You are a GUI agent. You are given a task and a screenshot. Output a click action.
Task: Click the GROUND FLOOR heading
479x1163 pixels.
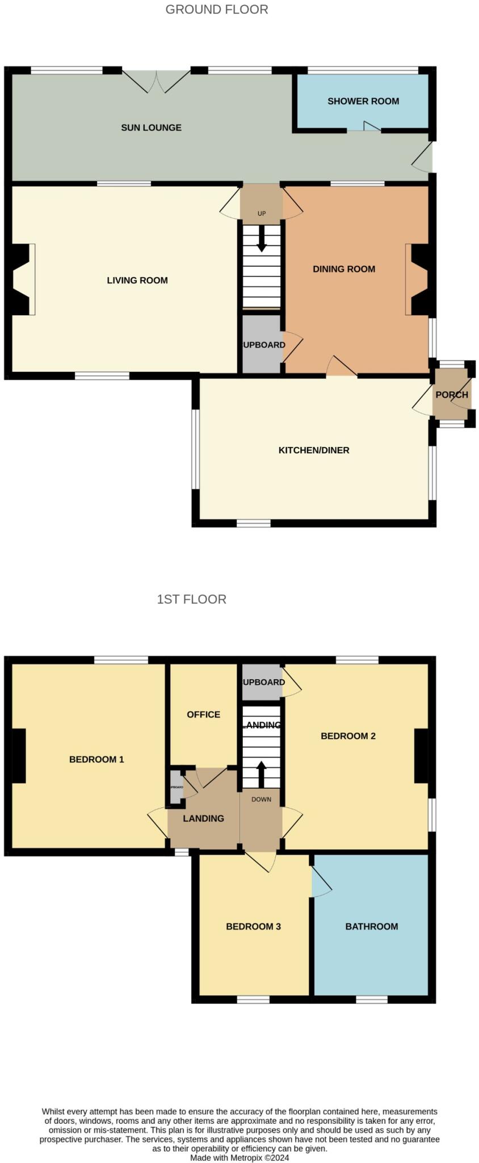(x=217, y=10)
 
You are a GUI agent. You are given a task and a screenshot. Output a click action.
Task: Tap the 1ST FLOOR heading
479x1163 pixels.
(x=191, y=599)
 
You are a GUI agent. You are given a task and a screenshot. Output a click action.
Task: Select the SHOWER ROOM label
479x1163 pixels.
(x=363, y=101)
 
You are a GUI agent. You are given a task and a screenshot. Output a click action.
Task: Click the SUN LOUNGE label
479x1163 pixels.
(x=151, y=128)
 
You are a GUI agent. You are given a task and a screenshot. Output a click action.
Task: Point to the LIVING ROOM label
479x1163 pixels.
(x=137, y=280)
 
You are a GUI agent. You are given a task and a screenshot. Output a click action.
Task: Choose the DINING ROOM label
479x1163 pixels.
(x=344, y=269)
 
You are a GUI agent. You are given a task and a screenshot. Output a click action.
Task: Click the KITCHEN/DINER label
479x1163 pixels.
(x=314, y=450)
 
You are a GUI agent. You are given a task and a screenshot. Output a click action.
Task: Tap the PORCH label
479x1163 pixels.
(x=452, y=395)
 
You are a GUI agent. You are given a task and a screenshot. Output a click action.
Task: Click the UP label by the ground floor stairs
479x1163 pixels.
(x=262, y=214)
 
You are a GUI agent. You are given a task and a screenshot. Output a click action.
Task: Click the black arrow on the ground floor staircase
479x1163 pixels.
(x=262, y=239)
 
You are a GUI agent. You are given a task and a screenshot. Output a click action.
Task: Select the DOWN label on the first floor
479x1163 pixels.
(x=261, y=799)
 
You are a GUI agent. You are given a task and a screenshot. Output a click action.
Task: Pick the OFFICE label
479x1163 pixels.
(x=204, y=714)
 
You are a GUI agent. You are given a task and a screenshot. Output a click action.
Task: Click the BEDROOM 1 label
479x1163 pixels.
(x=96, y=759)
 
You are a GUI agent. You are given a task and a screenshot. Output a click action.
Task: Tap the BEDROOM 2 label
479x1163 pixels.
(x=348, y=736)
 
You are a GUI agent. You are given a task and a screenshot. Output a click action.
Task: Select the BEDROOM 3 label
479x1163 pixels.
(x=253, y=926)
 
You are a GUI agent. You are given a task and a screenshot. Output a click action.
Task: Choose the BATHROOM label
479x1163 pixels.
(x=372, y=926)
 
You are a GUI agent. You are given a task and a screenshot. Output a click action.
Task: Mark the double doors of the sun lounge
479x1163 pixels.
(x=157, y=81)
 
